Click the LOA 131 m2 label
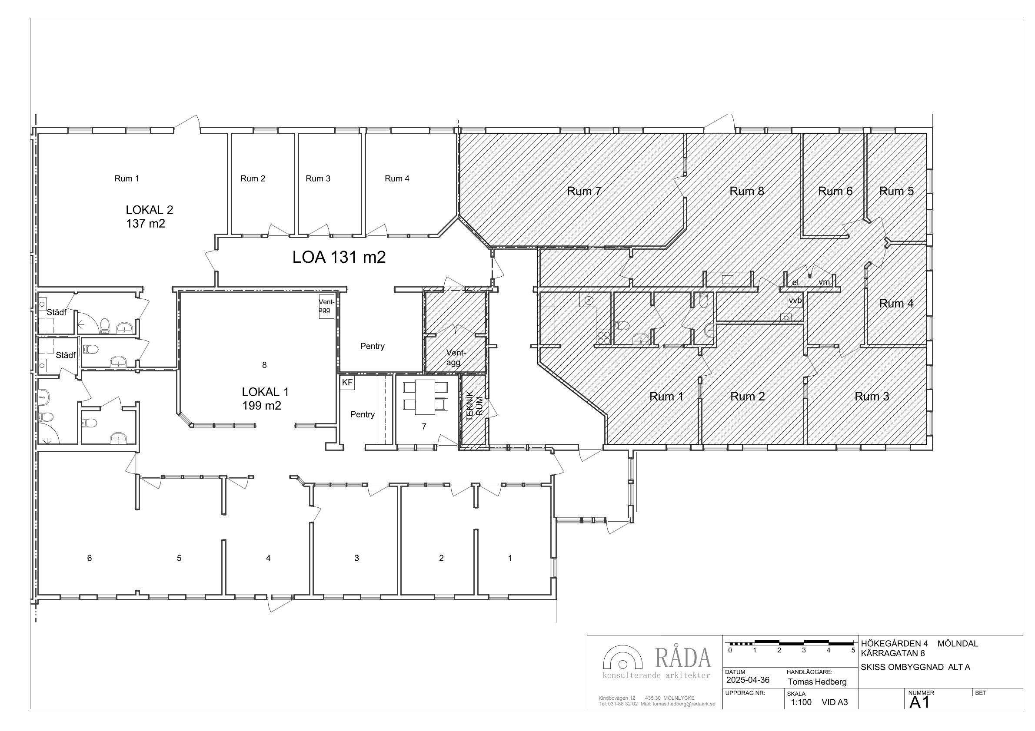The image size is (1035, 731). point(339,257)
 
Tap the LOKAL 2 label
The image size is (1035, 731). point(149,210)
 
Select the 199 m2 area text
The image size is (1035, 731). point(261,406)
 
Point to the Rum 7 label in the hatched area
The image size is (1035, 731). point(584,192)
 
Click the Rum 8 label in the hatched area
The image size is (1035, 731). point(747,192)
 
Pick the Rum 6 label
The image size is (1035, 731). point(835,192)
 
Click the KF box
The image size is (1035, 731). point(348,383)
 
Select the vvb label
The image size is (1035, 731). point(795,301)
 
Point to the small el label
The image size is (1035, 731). point(795,282)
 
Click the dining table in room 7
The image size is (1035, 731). point(425,397)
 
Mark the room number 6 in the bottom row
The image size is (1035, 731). point(89,558)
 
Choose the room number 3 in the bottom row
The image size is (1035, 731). point(356,558)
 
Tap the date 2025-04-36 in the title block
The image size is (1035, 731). point(748,680)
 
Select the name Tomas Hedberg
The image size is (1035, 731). point(817,682)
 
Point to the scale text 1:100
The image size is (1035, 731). point(801,702)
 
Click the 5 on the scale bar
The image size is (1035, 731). point(853,650)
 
